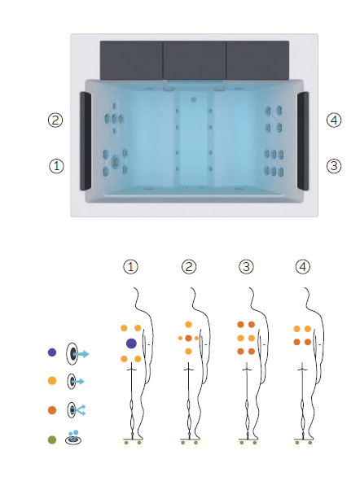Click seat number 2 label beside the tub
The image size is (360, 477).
(x=55, y=120)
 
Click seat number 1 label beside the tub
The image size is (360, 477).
(x=56, y=166)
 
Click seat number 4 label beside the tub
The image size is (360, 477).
(x=334, y=120)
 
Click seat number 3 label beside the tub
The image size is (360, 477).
(x=334, y=166)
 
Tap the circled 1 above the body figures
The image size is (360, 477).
(x=130, y=267)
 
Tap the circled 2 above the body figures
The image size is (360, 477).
(x=189, y=267)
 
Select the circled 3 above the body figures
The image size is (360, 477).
(x=246, y=267)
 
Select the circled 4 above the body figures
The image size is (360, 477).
(x=303, y=267)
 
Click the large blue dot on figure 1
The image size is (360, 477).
(x=131, y=344)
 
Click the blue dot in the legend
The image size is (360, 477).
(x=52, y=352)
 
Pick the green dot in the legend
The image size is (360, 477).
(x=52, y=440)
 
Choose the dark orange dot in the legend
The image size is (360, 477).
(x=52, y=410)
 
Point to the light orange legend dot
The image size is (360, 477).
(x=52, y=381)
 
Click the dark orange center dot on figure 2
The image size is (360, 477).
(x=188, y=338)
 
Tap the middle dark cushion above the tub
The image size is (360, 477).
(x=195, y=60)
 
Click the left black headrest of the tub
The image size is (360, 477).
(x=86, y=141)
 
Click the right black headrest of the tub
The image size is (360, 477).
(x=303, y=141)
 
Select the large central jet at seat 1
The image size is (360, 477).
(x=116, y=161)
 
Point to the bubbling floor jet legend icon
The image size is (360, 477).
(x=73, y=438)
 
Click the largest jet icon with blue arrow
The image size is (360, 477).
(x=77, y=353)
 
